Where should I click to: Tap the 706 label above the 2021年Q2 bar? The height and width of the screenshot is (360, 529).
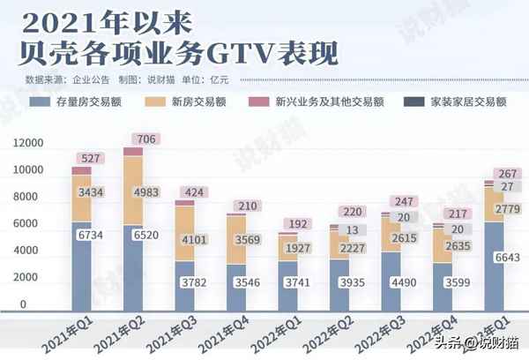(145, 139)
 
